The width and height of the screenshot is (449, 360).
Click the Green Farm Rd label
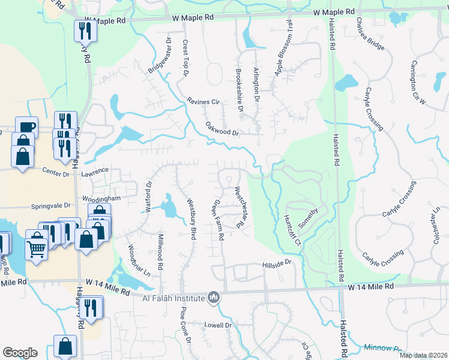(217, 221)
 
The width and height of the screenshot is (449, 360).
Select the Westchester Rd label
(242, 208)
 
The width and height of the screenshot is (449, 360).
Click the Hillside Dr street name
(277, 263)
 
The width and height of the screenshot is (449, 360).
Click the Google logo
(20, 353)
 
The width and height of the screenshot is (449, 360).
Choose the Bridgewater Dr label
(160, 57)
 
